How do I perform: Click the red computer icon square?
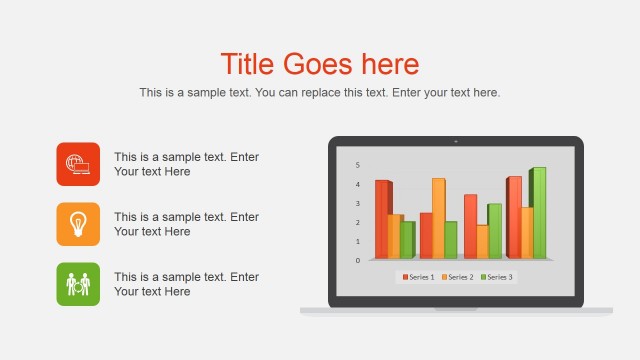(78, 164)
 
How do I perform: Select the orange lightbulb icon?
(78, 224)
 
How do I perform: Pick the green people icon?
(78, 284)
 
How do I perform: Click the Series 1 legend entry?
(418, 277)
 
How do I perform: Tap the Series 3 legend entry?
(497, 277)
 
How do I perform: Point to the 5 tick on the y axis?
(357, 165)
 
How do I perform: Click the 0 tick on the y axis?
(357, 260)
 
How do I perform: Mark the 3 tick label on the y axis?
(357, 203)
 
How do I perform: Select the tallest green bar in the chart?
(538, 212)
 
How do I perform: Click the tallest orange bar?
(438, 218)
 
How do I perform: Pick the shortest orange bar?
(482, 241)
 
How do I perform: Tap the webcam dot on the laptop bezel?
(455, 142)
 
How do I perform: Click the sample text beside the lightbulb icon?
(186, 224)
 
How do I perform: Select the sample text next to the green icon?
(186, 284)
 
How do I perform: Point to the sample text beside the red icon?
(186, 164)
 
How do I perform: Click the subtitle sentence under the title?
(319, 93)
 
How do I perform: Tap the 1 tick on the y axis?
(357, 241)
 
